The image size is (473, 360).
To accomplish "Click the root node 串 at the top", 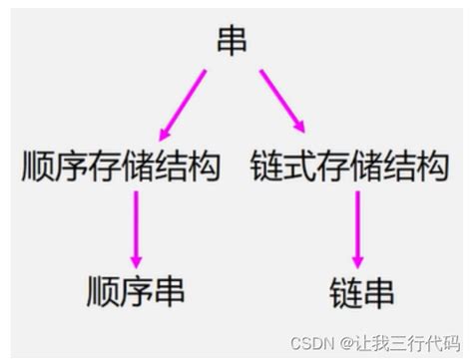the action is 232,40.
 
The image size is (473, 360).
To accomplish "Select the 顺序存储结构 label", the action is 119,167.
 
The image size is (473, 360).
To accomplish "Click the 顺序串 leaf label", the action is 136,291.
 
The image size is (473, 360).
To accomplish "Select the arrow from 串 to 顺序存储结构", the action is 183,106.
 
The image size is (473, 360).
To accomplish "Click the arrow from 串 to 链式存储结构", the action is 282,104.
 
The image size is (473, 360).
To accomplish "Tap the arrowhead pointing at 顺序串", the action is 136,258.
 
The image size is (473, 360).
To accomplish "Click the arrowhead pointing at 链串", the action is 357,258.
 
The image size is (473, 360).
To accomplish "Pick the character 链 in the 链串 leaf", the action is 343,292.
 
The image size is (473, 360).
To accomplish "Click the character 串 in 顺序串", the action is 170,291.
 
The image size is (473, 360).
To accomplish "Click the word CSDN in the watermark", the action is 311,342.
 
